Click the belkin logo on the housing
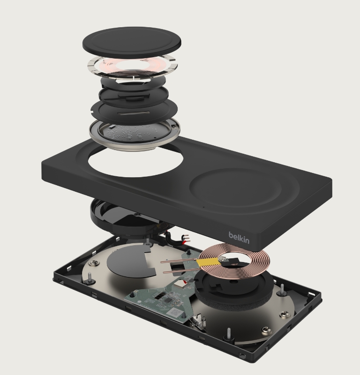239,238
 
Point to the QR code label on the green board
174,312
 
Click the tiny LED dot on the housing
203,207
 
